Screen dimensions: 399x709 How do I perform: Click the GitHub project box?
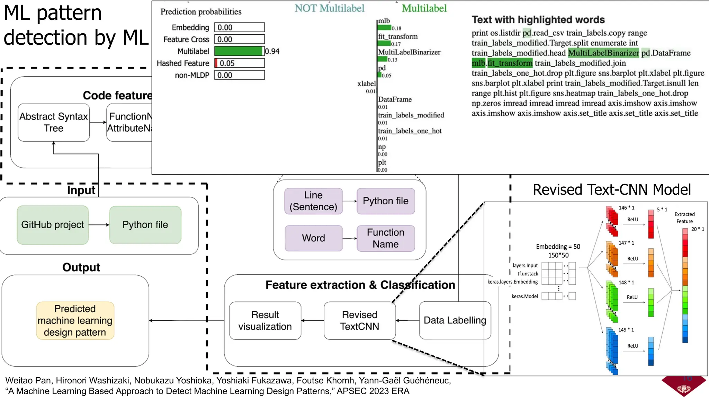53,225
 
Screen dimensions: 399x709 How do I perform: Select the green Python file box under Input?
145,225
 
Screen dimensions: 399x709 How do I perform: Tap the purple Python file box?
385,201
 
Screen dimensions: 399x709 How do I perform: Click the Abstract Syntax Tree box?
54,122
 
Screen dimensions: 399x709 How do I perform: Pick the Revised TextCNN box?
359,320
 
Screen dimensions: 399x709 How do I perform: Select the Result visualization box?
265,320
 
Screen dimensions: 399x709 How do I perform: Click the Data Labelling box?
455,320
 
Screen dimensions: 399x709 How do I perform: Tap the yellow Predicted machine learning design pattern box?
75,320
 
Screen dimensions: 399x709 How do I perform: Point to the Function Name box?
385,238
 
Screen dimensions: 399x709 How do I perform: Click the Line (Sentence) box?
313,201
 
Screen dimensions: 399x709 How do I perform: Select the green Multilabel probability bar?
239,51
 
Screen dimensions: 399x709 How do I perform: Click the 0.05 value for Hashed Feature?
227,63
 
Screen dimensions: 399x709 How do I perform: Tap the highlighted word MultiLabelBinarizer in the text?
603,53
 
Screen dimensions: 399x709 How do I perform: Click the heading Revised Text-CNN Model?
611,190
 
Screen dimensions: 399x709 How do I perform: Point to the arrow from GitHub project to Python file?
99,225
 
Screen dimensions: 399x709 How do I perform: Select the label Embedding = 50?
558,247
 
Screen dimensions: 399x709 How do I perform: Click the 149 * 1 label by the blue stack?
626,330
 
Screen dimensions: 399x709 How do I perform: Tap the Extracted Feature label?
684,218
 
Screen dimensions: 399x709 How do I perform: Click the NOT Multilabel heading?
329,8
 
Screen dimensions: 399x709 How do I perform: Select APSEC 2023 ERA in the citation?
373,391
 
